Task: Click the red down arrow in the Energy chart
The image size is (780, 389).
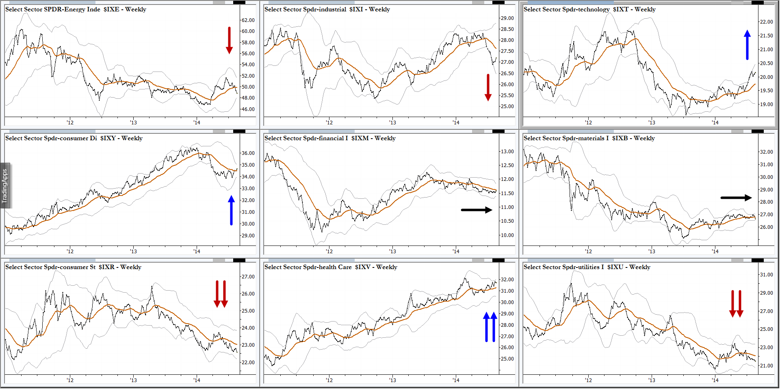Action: pyautogui.click(x=229, y=40)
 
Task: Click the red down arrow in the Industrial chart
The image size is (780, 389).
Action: pyautogui.click(x=488, y=87)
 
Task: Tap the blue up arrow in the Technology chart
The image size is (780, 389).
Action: pyautogui.click(x=747, y=45)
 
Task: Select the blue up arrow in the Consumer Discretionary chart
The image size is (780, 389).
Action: pyautogui.click(x=231, y=210)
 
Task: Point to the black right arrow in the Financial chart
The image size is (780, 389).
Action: pyautogui.click(x=476, y=210)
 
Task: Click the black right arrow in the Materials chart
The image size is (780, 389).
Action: pyautogui.click(x=736, y=198)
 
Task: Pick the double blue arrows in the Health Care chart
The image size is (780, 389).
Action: pyautogui.click(x=490, y=327)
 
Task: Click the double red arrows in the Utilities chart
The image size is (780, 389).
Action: pyautogui.click(x=736, y=304)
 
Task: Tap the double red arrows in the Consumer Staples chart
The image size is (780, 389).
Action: pyautogui.click(x=221, y=294)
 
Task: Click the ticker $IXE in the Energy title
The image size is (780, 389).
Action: pyautogui.click(x=111, y=9)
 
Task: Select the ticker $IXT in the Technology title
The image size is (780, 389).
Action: pyautogui.click(x=621, y=9)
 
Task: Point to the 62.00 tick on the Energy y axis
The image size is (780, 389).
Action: pyautogui.click(x=248, y=20)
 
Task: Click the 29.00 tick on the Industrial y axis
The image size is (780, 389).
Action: pyautogui.click(x=507, y=18)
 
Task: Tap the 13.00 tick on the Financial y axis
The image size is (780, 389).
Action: pyautogui.click(x=507, y=151)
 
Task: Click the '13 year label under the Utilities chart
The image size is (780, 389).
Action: pyautogui.click(x=652, y=380)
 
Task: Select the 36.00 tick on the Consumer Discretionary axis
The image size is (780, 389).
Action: pyautogui.click(x=248, y=153)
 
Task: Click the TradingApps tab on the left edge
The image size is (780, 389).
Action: pyautogui.click(x=5, y=186)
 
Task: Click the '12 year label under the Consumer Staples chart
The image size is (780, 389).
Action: pyautogui.click(x=70, y=380)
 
